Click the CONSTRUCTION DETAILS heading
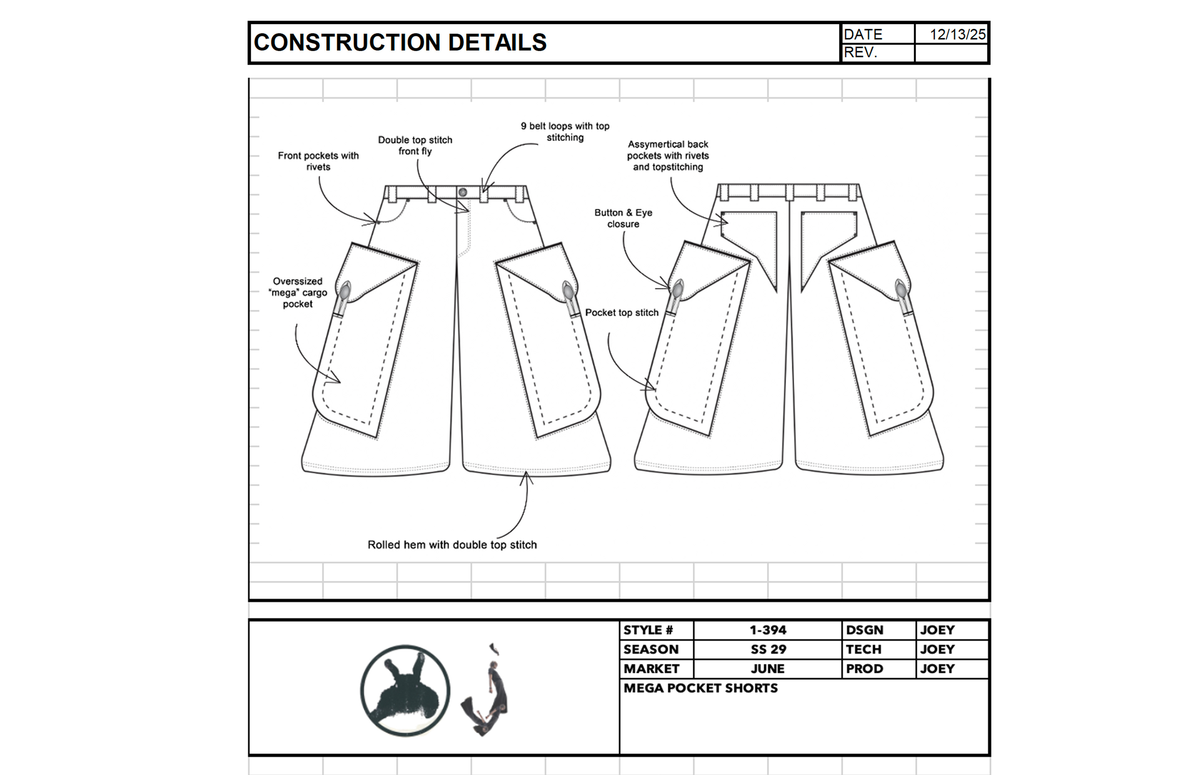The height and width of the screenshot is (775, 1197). (x=400, y=42)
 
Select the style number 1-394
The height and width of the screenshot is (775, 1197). (x=767, y=630)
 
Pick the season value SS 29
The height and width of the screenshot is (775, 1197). (x=768, y=649)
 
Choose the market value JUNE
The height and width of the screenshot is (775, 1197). (x=767, y=669)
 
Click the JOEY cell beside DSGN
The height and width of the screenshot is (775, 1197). (x=937, y=630)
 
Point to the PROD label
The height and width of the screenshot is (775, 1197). (x=864, y=669)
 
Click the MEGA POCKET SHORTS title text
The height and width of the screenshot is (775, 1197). (x=701, y=688)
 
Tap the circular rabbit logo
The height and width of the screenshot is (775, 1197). (x=405, y=690)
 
